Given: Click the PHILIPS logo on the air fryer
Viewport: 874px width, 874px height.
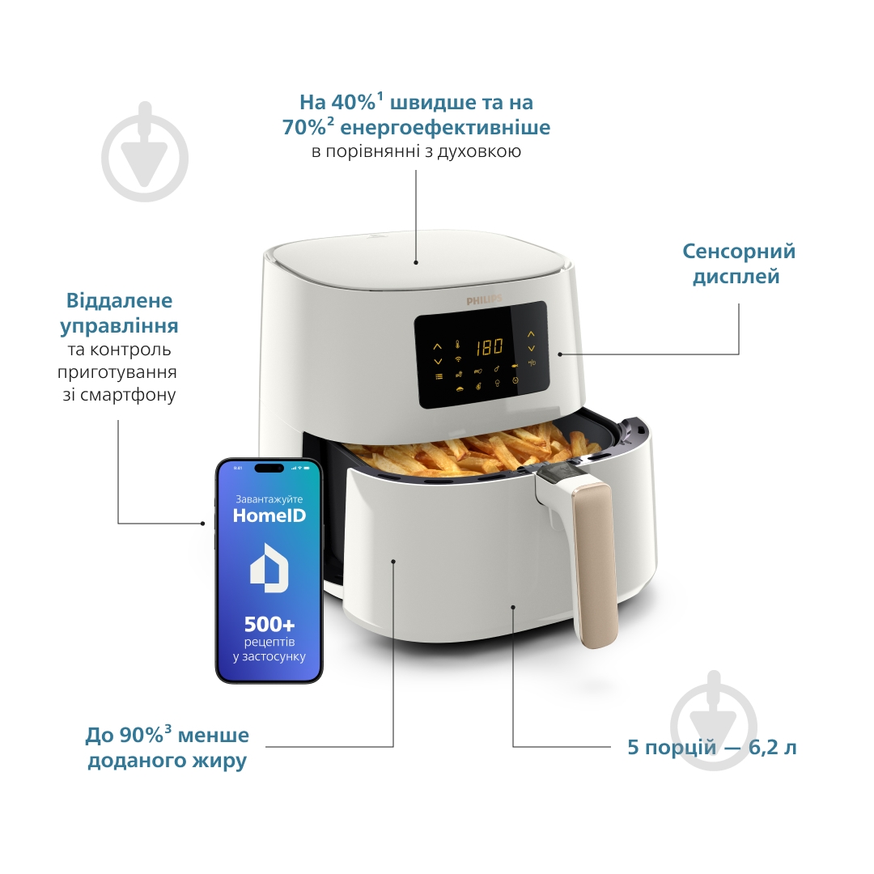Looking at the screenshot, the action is pyautogui.click(x=484, y=300).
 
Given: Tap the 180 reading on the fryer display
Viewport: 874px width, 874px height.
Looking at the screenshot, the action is pyautogui.click(x=489, y=347).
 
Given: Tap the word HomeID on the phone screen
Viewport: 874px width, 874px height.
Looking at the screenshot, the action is pyautogui.click(x=269, y=515).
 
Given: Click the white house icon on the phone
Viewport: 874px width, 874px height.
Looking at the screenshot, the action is pyautogui.click(x=269, y=567).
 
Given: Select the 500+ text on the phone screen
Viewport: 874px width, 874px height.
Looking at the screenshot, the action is pyautogui.click(x=269, y=624).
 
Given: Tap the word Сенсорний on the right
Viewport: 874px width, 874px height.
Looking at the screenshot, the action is pyautogui.click(x=739, y=251).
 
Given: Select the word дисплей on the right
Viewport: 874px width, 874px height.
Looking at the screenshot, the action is pyautogui.click(x=736, y=277).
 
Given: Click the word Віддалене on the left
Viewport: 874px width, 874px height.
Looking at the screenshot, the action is pyautogui.click(x=119, y=301).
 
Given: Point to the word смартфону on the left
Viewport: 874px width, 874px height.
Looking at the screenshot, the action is pyautogui.click(x=128, y=395).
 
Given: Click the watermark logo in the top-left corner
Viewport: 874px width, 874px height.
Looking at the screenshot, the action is pyautogui.click(x=145, y=151).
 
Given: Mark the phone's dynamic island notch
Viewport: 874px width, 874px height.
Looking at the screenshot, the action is pyautogui.click(x=269, y=469).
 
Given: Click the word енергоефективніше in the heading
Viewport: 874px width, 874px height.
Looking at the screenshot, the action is pyautogui.click(x=445, y=128).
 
